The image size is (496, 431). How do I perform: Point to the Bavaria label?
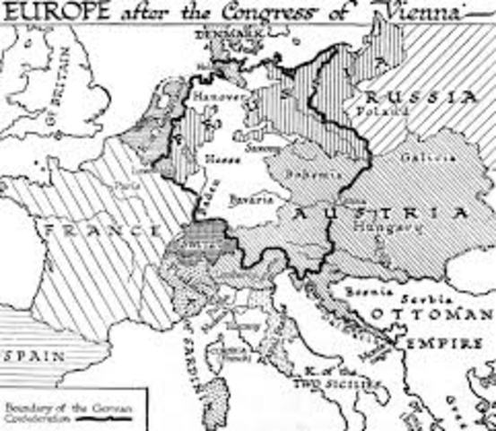(248, 198)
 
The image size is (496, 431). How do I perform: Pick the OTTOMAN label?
(430, 314)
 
